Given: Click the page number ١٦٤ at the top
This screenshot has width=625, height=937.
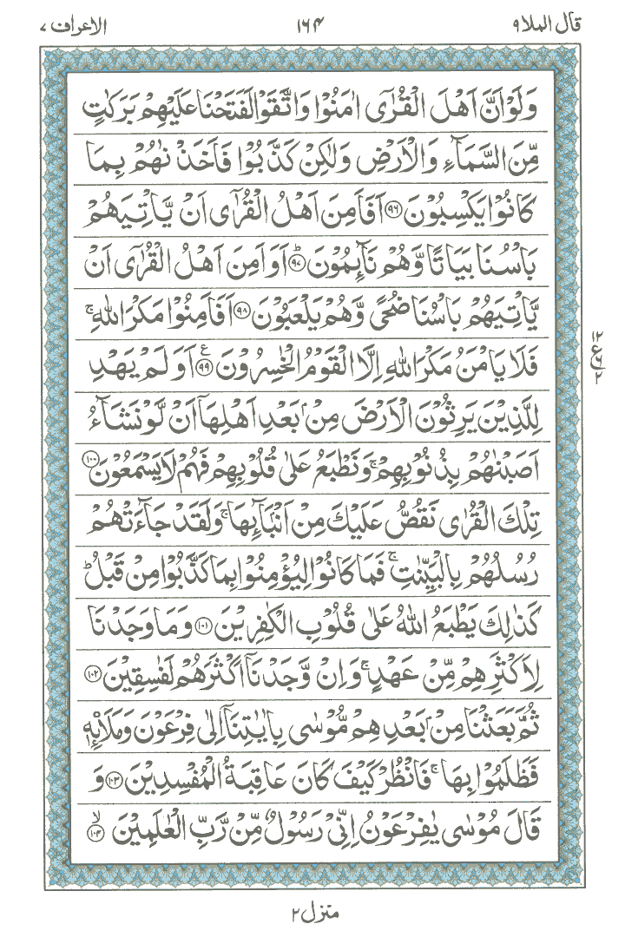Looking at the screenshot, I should tap(312, 16).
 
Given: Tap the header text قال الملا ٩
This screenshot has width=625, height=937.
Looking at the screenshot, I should tap(564, 16).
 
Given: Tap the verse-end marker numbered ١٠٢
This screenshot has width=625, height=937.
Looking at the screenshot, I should tap(95, 697).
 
